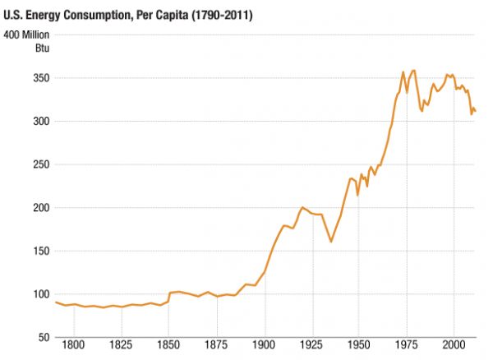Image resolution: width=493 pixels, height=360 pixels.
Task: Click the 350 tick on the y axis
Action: [x=41, y=78]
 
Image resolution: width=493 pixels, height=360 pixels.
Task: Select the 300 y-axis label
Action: [x=41, y=122]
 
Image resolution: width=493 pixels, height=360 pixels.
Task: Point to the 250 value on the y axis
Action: [x=41, y=164]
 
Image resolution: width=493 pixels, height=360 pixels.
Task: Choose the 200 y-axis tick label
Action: [x=41, y=208]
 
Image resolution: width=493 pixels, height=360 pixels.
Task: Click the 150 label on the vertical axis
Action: [x=41, y=251]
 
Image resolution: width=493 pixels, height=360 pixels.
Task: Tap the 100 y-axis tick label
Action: [x=41, y=294]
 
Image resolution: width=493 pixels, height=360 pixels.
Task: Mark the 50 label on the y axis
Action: [x=44, y=337]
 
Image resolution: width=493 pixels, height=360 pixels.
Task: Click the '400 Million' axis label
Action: [x=27, y=35]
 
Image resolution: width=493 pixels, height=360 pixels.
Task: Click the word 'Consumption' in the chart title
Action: [x=97, y=15]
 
